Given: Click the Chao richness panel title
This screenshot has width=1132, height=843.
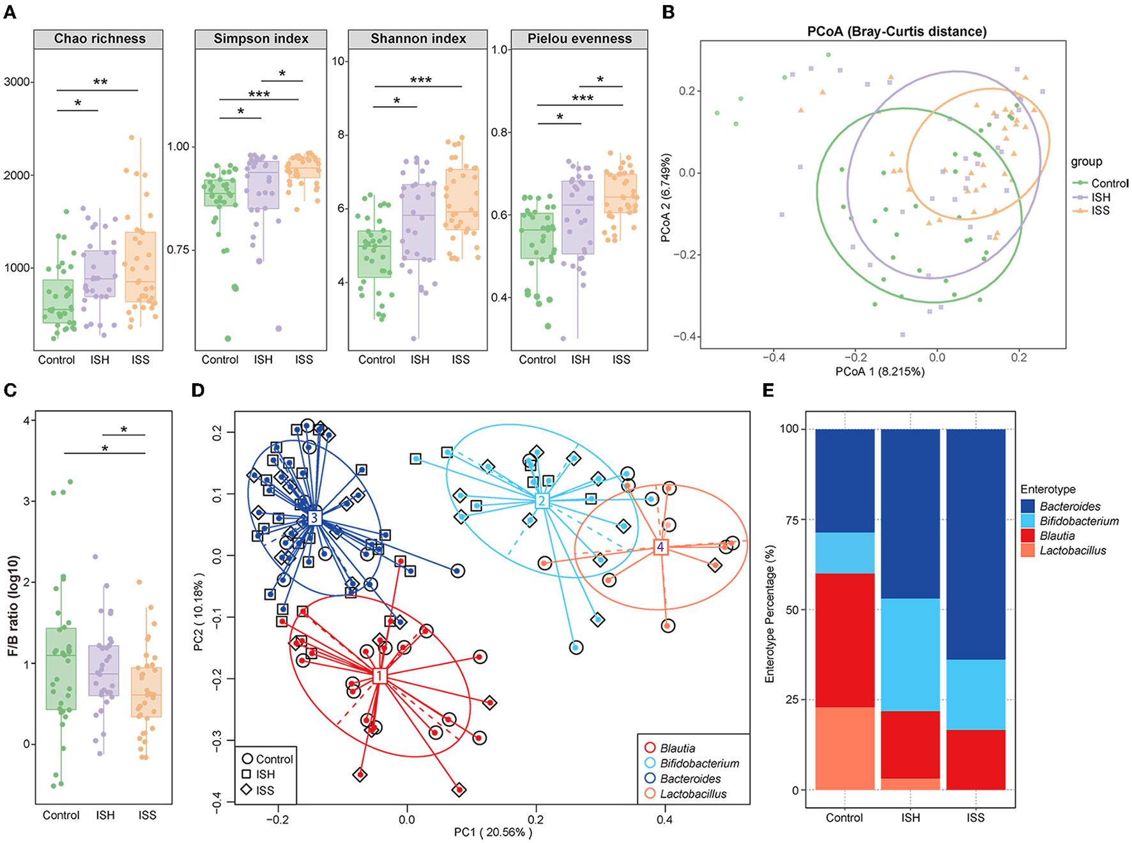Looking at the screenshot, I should click(x=99, y=39).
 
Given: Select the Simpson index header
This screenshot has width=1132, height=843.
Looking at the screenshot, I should click(x=261, y=39).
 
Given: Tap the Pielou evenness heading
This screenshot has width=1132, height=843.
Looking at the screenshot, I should click(x=579, y=39).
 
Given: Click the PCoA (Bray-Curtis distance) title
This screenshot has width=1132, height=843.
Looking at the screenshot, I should click(x=896, y=31).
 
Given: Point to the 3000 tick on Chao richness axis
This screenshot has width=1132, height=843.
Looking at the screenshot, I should click(x=17, y=82).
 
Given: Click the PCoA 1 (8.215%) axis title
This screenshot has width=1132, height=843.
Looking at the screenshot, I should click(x=880, y=372).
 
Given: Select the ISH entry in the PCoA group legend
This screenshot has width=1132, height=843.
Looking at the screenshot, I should click(x=1100, y=197).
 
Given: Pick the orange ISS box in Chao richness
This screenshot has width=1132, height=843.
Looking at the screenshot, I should click(x=141, y=267).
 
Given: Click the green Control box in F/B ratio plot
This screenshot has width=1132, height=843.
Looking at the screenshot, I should click(x=61, y=669).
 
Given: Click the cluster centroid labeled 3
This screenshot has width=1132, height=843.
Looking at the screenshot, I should click(x=313, y=517).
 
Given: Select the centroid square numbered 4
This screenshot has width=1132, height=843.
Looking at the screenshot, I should click(x=661, y=547).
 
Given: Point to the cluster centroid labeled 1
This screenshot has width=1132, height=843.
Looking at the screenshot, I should click(x=379, y=676).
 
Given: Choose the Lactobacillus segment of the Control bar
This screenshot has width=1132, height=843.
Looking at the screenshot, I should click(x=845, y=748).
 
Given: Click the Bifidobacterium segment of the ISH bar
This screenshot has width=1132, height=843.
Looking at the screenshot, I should click(x=910, y=654).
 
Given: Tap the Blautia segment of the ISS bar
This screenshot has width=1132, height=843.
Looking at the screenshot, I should click(x=975, y=759).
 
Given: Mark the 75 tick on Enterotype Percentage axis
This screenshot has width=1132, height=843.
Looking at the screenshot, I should click(x=792, y=520).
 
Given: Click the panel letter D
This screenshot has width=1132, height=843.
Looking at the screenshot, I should click(x=198, y=390).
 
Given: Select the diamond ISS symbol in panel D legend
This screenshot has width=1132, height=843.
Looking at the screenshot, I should click(x=247, y=790).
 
